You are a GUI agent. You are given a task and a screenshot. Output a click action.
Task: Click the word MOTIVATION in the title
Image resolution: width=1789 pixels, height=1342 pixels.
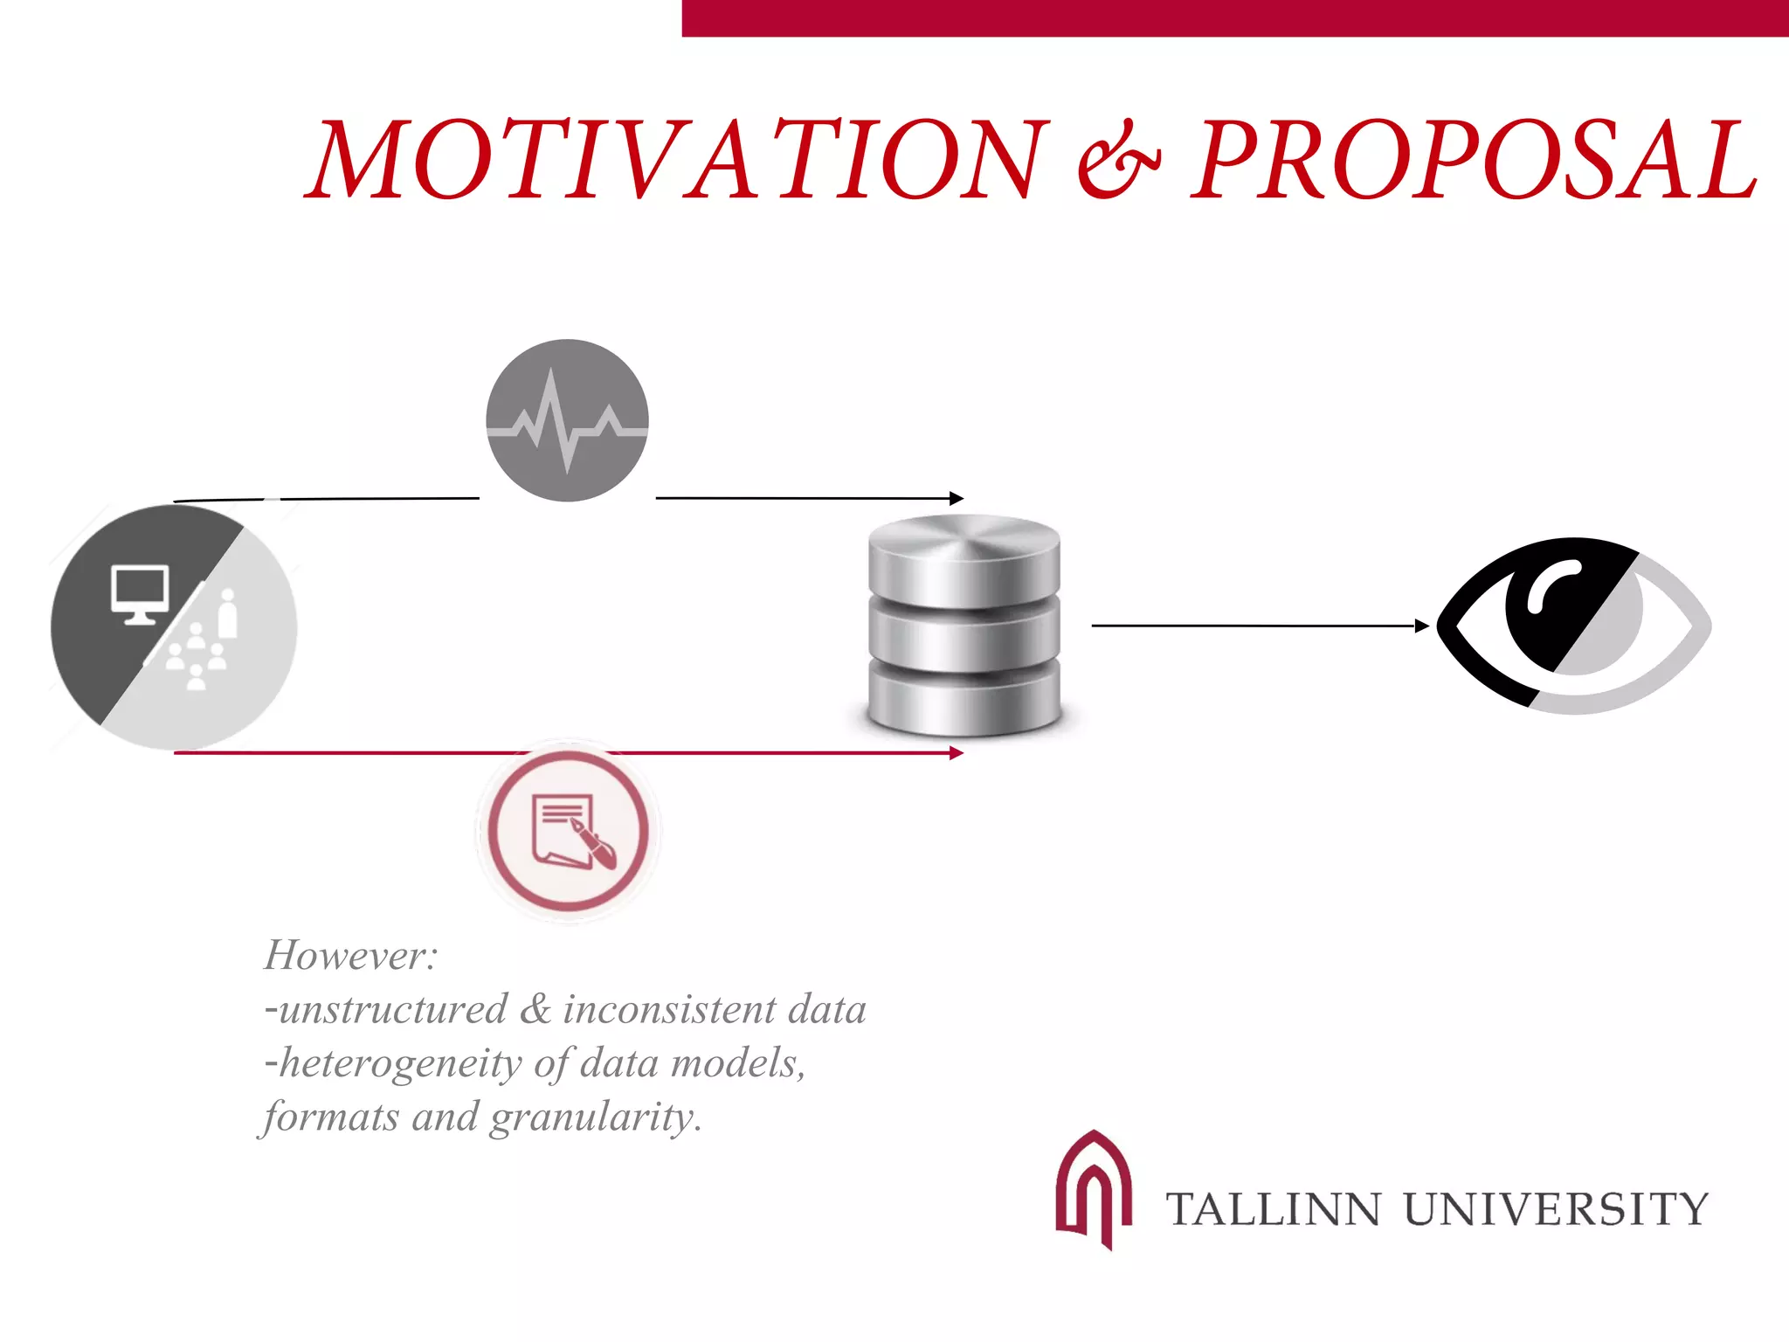tap(678, 160)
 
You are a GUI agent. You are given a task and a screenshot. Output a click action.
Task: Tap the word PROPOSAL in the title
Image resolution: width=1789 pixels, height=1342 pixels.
tap(1475, 160)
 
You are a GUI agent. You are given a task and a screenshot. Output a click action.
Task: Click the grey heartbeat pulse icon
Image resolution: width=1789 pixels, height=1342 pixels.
tap(567, 420)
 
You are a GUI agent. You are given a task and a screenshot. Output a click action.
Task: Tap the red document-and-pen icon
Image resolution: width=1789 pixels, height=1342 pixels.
tap(569, 831)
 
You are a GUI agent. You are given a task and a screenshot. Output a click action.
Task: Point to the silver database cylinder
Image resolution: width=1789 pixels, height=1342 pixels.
tap(964, 625)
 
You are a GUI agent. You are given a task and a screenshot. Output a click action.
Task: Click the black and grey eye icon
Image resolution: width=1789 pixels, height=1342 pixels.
tap(1573, 625)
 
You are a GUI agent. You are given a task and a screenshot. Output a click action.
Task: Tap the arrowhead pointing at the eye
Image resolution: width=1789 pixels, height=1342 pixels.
tap(1422, 626)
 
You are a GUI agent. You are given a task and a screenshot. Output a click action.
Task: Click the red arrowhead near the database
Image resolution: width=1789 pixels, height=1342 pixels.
tap(957, 752)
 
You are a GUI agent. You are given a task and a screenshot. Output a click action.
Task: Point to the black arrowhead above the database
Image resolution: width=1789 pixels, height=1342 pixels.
tap(957, 498)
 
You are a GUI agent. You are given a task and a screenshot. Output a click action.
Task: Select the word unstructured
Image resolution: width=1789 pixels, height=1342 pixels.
tap(393, 1010)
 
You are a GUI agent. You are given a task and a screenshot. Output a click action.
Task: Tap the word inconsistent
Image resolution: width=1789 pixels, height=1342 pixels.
tap(669, 1010)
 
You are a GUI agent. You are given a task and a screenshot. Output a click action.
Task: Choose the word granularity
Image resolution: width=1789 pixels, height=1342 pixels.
tap(593, 1117)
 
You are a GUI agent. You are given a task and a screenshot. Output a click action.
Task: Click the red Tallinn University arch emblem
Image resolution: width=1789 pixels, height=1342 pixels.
tap(1093, 1189)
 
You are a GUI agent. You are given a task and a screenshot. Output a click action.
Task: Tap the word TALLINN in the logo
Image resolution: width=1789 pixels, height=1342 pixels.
tap(1274, 1210)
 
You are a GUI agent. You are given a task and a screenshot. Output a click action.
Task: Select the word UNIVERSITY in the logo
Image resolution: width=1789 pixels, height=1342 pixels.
tap(1556, 1210)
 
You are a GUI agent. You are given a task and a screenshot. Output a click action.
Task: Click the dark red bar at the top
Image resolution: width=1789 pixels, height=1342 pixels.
tap(1234, 18)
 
